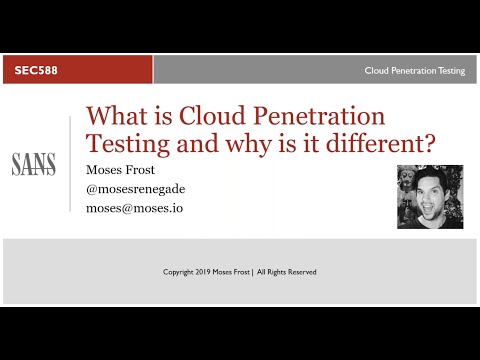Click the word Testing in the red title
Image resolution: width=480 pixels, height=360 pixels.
127,142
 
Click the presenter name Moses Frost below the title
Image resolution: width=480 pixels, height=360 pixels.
127,167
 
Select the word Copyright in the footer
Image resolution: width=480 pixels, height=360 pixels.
180,272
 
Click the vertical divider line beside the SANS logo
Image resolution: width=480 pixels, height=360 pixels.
69,165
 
